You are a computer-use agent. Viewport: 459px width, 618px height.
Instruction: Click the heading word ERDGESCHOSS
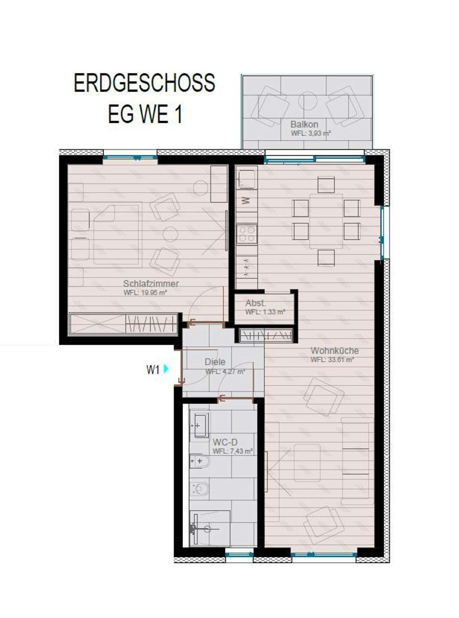click(x=144, y=83)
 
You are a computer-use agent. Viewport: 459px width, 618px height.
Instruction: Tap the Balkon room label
click(x=304, y=124)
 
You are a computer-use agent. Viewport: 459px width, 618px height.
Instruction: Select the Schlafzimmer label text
click(x=151, y=284)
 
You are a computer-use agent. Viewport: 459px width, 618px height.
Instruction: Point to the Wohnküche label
click(x=334, y=351)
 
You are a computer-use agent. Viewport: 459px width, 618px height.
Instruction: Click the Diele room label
click(x=215, y=362)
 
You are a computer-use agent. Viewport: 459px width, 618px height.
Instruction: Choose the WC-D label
click(x=225, y=442)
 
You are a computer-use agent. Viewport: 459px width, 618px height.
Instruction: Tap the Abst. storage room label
click(x=255, y=303)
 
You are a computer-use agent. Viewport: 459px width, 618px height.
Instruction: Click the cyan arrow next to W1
click(x=166, y=368)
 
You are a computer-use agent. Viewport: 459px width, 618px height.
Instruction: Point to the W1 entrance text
click(x=153, y=370)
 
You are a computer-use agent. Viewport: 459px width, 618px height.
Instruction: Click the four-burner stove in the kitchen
click(x=247, y=234)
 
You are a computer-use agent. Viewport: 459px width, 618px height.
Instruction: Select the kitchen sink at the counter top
click(x=247, y=178)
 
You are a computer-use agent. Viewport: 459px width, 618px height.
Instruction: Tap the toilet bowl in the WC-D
click(x=200, y=488)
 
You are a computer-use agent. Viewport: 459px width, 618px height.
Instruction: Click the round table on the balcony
click(x=307, y=101)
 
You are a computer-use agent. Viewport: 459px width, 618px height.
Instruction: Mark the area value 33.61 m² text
click(x=332, y=360)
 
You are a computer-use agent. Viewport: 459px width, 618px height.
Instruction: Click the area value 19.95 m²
click(x=145, y=293)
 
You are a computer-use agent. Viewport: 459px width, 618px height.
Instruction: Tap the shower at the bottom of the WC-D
click(x=210, y=528)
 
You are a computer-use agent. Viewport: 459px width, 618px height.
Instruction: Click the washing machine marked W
click(x=246, y=200)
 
